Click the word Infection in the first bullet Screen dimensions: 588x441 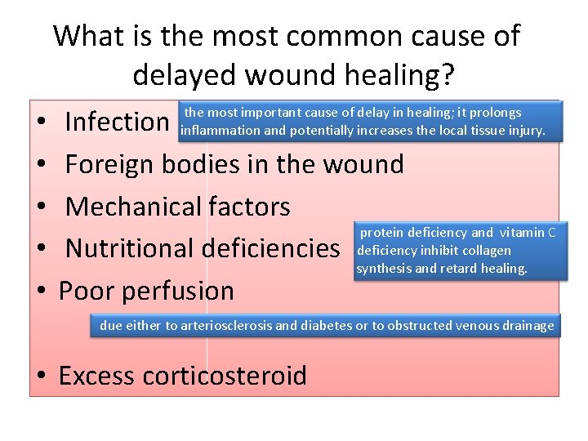(x=116, y=122)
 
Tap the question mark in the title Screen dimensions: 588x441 (x=448, y=75)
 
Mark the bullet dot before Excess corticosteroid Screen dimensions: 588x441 (x=40, y=377)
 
